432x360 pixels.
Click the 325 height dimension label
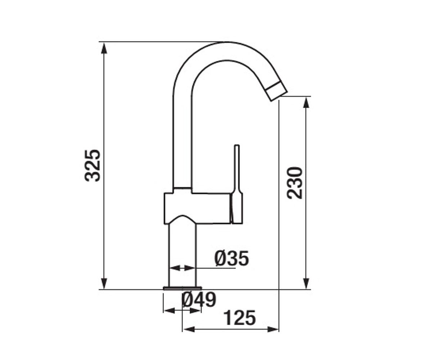pos(93,166)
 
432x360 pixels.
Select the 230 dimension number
pos(294,183)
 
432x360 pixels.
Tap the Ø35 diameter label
pos(231,258)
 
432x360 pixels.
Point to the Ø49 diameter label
pos(199,300)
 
